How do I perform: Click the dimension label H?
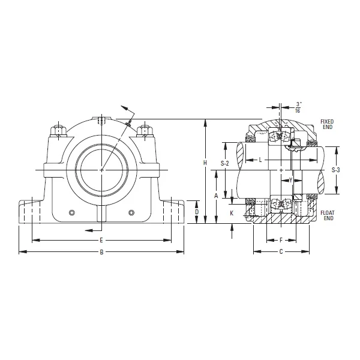coord(205,163)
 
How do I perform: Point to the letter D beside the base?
coord(196,212)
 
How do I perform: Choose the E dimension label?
coord(101,240)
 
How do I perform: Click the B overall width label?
coord(101,252)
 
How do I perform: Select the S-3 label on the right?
coord(336,170)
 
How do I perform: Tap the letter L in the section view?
coord(260,160)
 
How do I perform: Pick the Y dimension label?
coord(290,180)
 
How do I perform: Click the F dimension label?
coord(281,240)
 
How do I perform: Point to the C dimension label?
coord(281,252)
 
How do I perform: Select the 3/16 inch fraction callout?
coord(299,107)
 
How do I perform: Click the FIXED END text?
coord(327,124)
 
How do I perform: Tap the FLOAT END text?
coord(328,215)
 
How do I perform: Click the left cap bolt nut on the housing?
coord(59,130)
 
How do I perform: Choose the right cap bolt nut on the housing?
coord(144,130)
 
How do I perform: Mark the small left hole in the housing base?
coord(72,212)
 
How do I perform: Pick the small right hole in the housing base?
coord(131,212)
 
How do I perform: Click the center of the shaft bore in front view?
coord(101,170)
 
